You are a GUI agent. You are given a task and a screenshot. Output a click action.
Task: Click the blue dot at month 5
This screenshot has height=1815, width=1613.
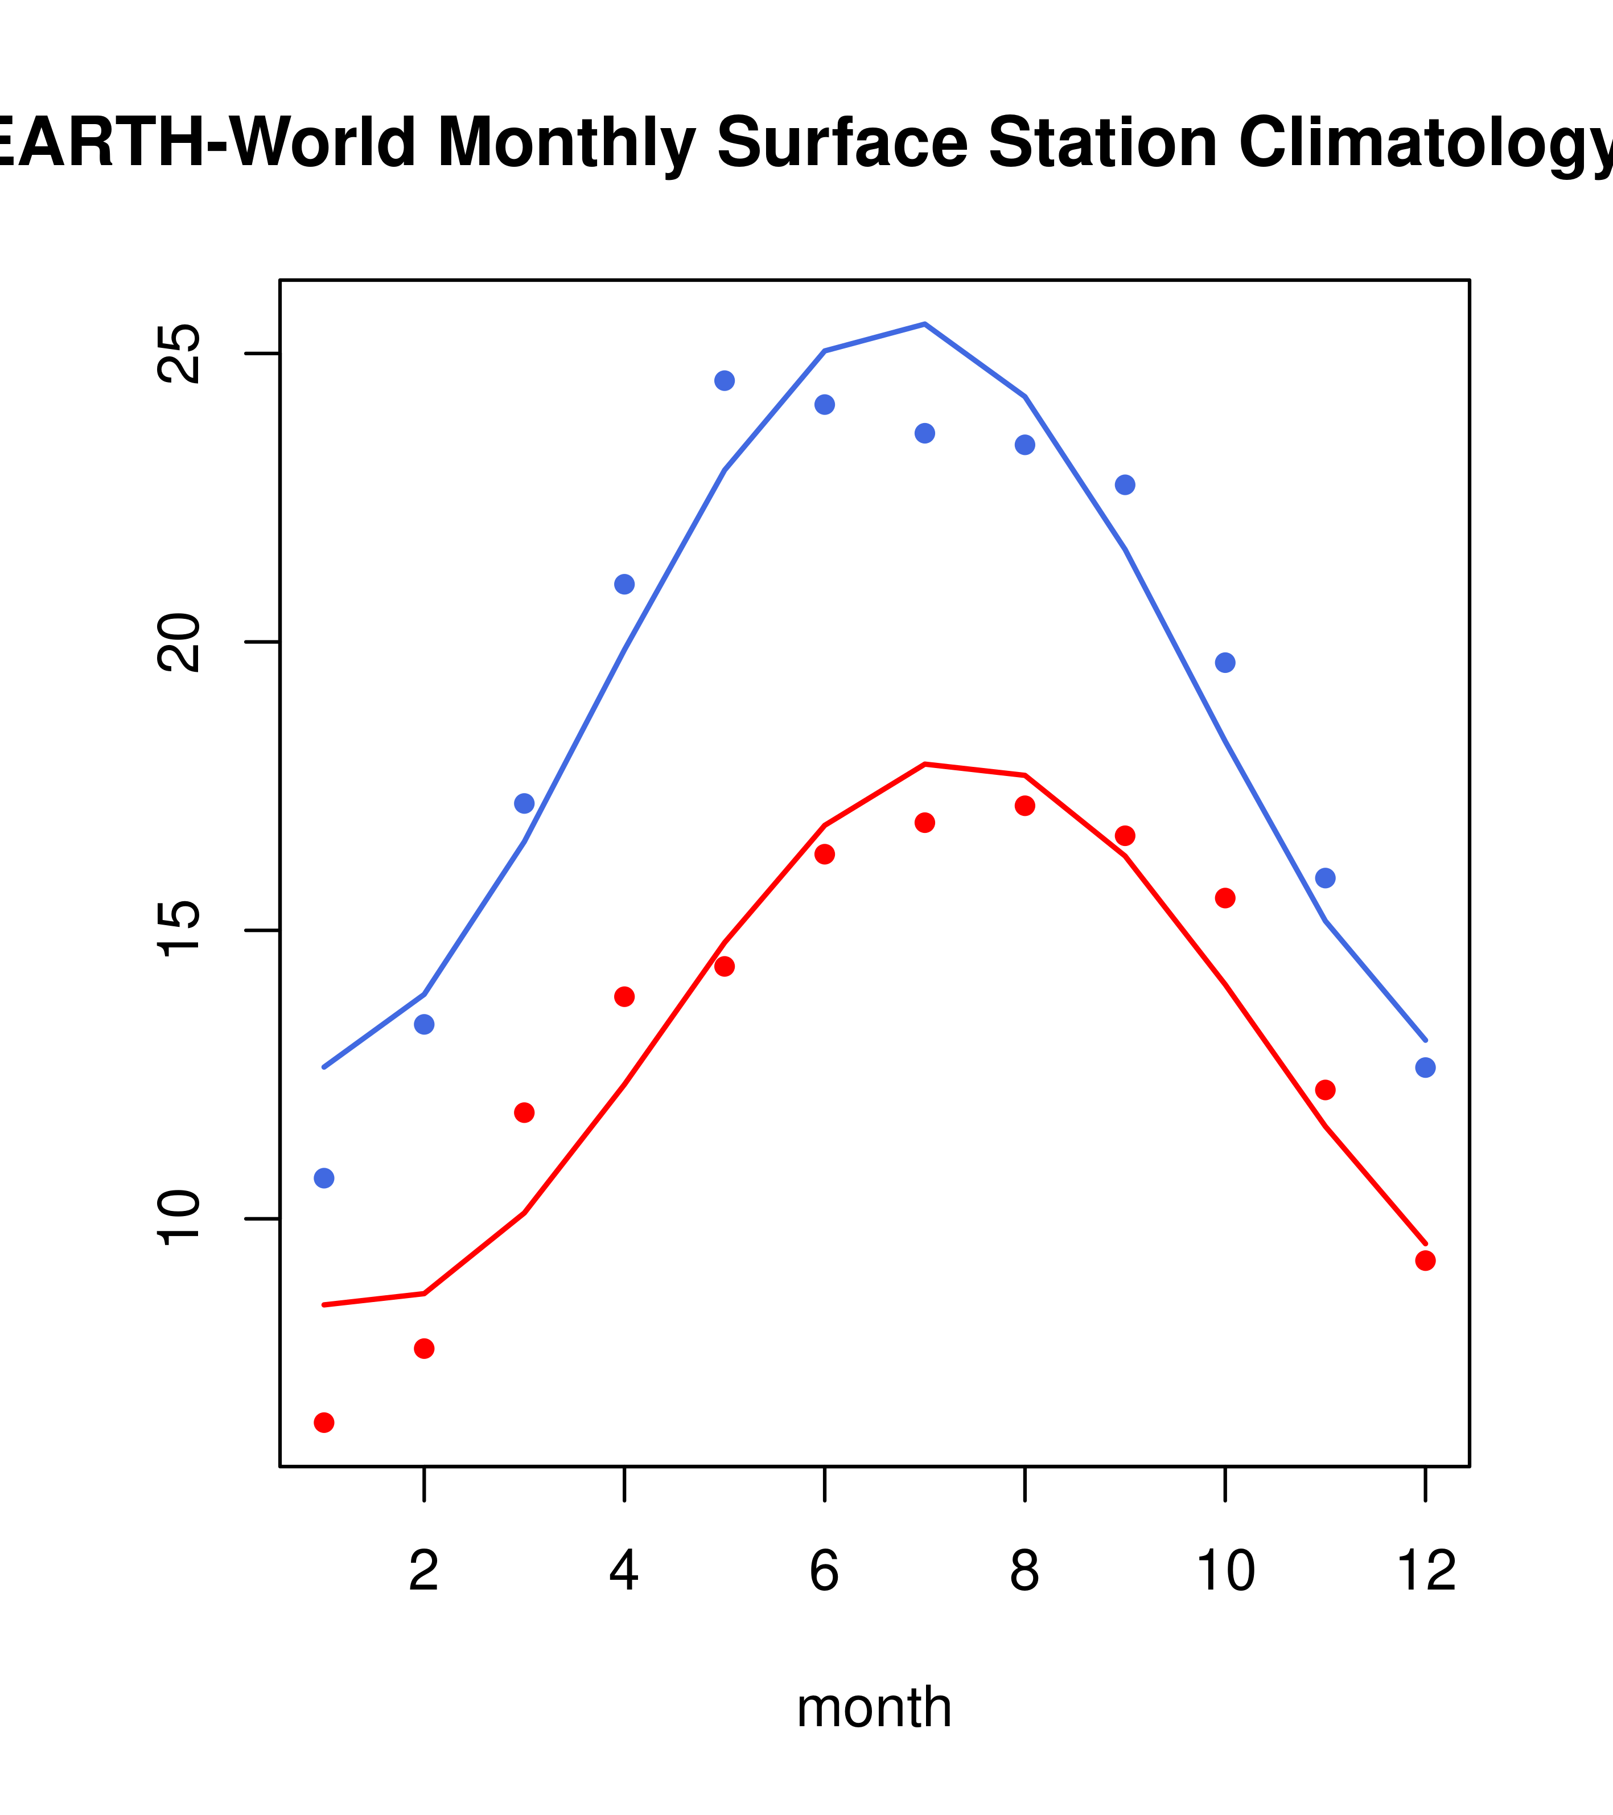[x=725, y=381]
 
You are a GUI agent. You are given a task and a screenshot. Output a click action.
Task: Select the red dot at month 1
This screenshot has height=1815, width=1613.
[x=324, y=1423]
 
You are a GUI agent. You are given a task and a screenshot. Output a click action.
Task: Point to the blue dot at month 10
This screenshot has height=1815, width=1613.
[x=1225, y=663]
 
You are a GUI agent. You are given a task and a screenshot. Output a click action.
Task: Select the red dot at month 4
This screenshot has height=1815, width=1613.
[x=624, y=996]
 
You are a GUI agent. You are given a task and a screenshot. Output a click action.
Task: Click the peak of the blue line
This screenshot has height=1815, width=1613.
[x=924, y=324]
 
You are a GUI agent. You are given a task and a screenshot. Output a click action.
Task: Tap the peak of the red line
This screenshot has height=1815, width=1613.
[x=924, y=763]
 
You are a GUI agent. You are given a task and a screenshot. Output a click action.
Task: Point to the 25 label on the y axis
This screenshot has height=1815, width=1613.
[x=179, y=354]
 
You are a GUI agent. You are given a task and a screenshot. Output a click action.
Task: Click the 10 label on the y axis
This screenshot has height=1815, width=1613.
[x=179, y=1218]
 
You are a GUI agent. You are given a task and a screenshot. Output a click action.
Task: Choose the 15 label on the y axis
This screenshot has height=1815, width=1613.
[x=179, y=931]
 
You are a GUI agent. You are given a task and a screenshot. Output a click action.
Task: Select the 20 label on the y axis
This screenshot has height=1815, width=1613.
[x=179, y=642]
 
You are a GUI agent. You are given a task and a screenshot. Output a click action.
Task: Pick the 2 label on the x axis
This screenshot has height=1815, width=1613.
[x=425, y=1571]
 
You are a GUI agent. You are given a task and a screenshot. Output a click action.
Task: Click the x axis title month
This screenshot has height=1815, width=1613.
[x=874, y=1707]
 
